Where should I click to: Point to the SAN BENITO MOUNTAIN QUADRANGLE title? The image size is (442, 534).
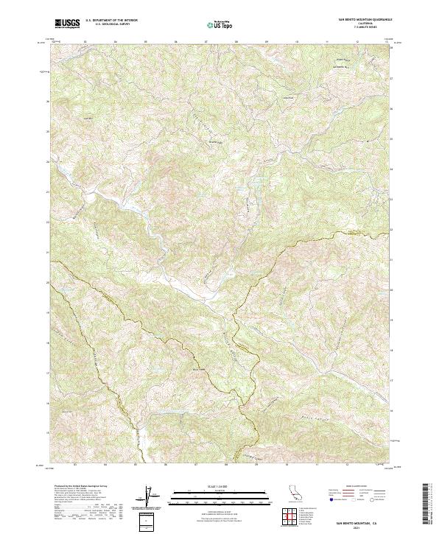tap(365, 20)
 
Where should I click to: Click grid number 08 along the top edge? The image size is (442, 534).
tap(236, 42)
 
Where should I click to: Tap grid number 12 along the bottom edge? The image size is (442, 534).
tap(356, 465)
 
